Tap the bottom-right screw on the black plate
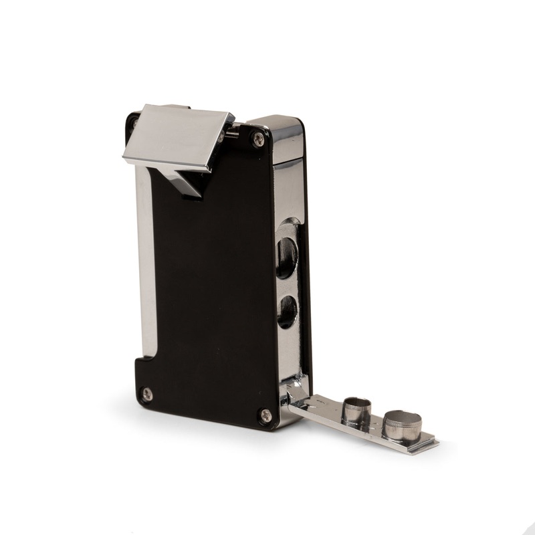pyautogui.click(x=265, y=415)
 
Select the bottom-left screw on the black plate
pyautogui.click(x=147, y=394)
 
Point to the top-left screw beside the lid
pyautogui.click(x=133, y=124)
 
